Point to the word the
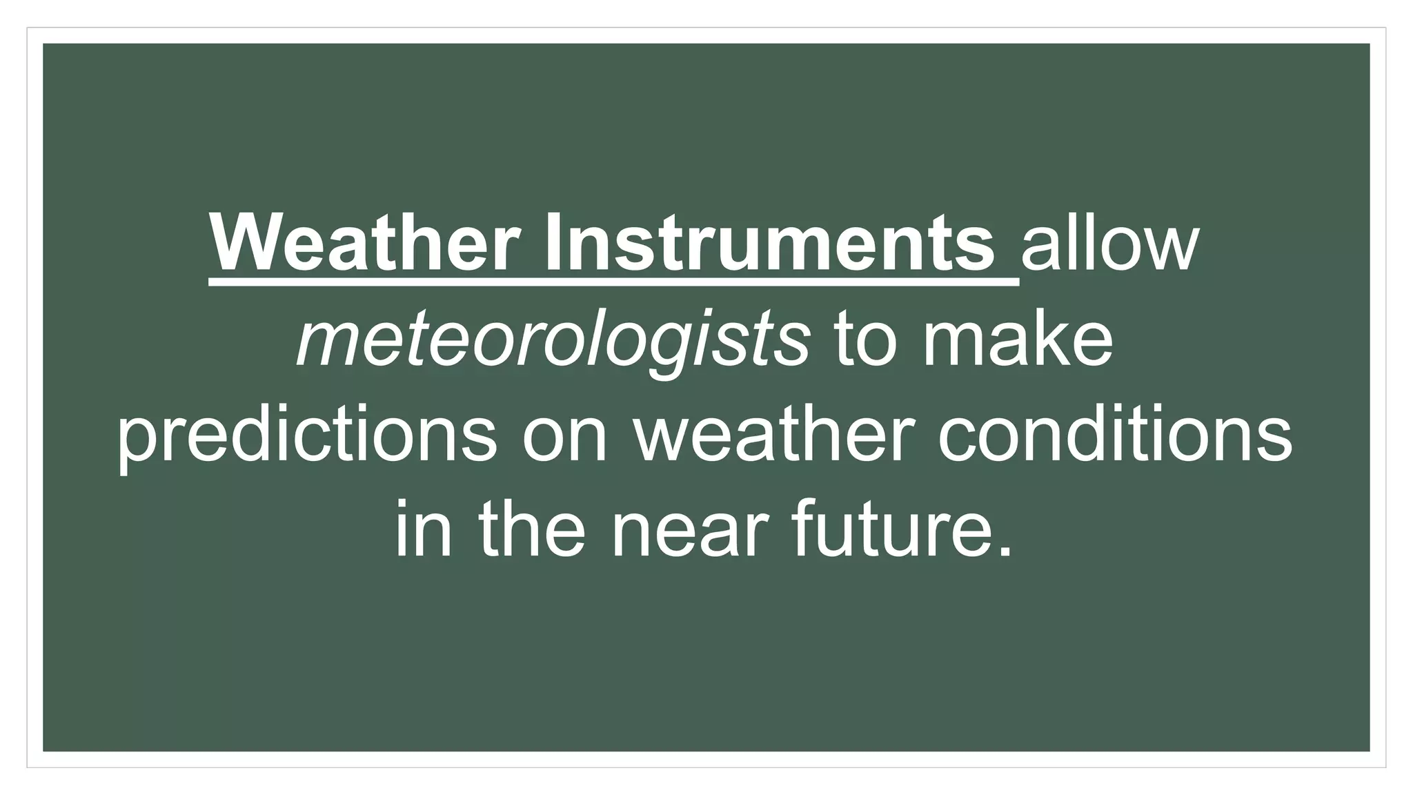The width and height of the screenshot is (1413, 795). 532,530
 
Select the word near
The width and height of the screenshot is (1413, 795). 690,530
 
